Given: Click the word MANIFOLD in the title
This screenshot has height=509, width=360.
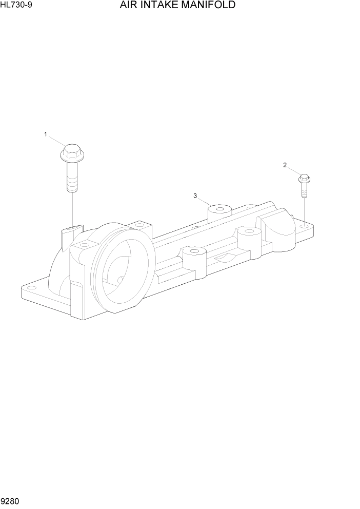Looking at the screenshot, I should [208, 6].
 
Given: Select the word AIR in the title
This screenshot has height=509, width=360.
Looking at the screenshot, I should [128, 6].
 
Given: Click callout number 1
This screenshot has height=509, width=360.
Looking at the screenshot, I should [45, 135].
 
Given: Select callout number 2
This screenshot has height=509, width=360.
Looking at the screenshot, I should [285, 165].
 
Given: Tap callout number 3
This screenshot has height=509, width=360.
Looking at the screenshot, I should [195, 195].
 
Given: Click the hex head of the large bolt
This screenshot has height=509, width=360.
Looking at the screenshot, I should [71, 151].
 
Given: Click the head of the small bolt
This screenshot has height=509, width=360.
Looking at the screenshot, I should [304, 179].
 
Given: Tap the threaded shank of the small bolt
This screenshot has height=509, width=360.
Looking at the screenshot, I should [304, 192].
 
